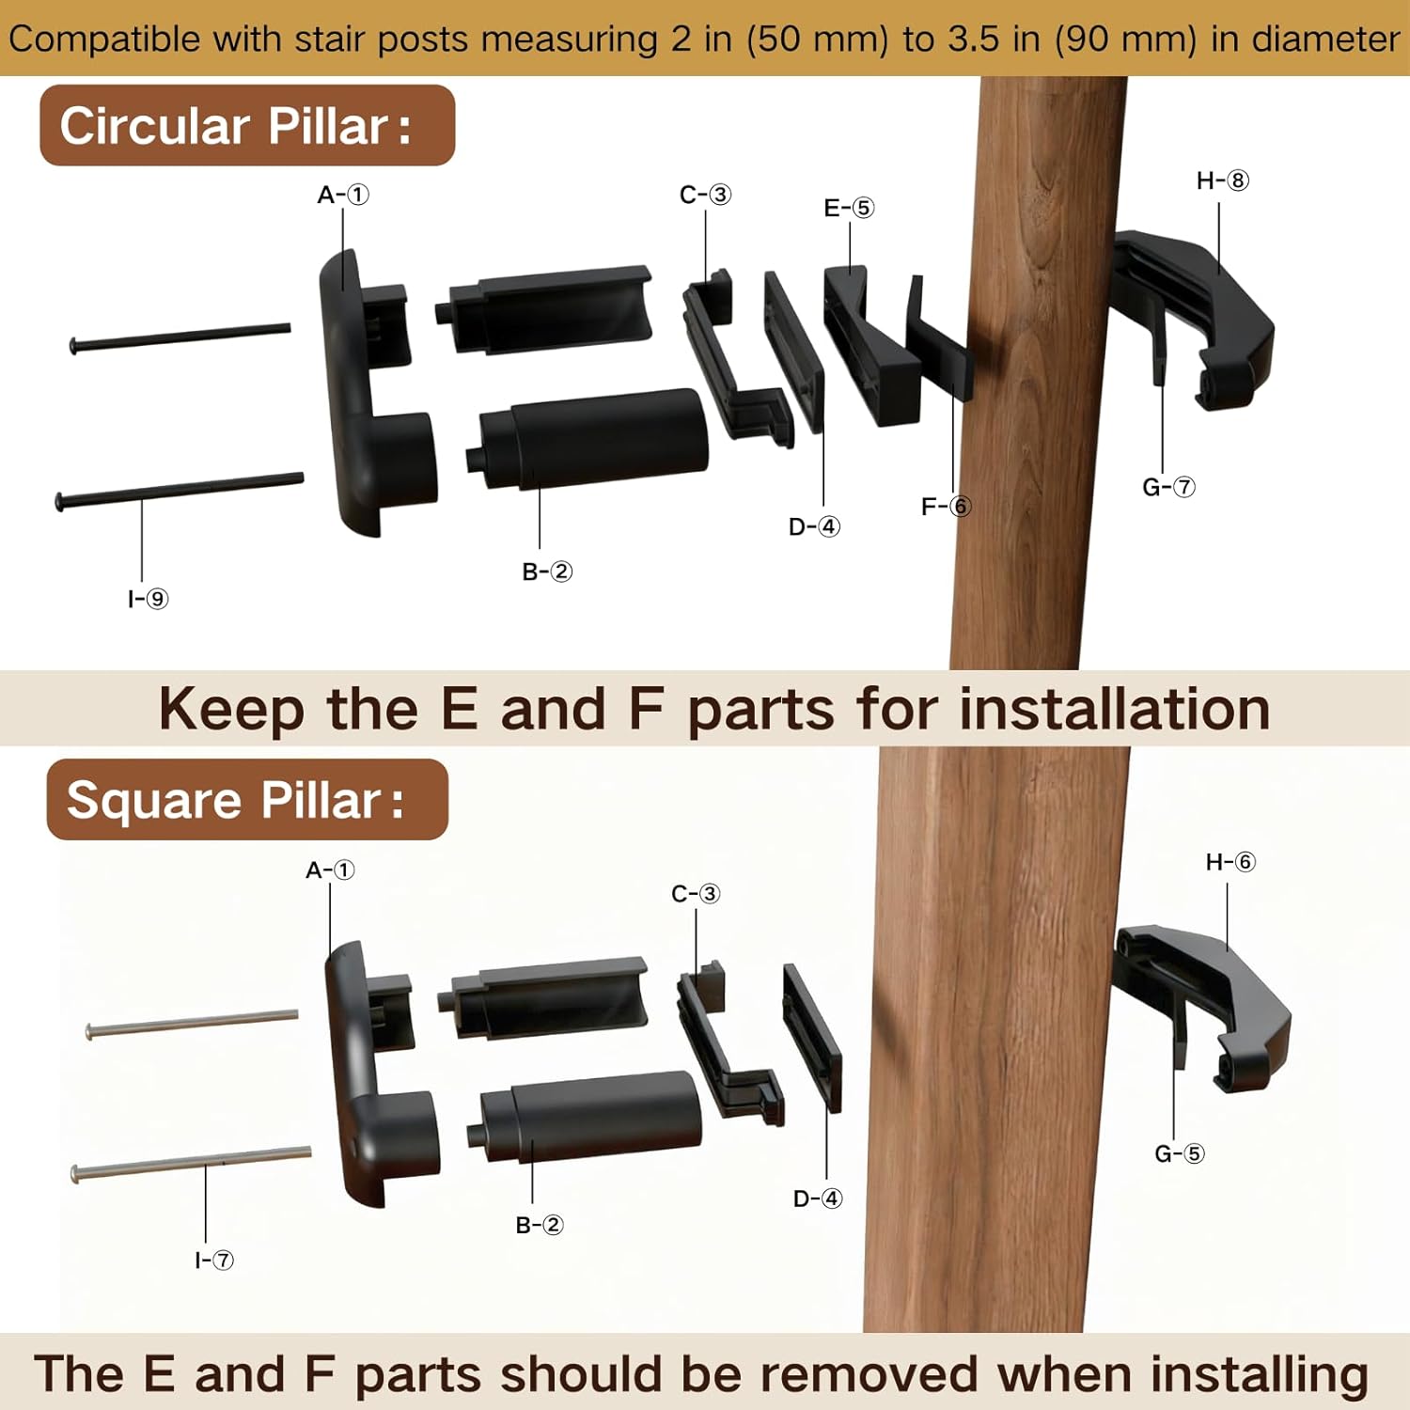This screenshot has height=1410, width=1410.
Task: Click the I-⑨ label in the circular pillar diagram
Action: tap(148, 599)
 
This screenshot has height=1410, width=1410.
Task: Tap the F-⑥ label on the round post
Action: tap(946, 507)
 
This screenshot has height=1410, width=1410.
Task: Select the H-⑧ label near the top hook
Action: tap(1222, 180)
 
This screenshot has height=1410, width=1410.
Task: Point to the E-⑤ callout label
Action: tap(849, 208)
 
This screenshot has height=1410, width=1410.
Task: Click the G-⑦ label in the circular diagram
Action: tap(1168, 487)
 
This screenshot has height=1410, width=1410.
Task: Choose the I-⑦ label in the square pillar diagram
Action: tap(214, 1260)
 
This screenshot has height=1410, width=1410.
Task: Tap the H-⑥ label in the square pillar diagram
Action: tap(1230, 862)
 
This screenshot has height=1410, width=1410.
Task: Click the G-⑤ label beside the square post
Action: tap(1179, 1153)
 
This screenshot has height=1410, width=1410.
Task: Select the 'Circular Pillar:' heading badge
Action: tap(247, 125)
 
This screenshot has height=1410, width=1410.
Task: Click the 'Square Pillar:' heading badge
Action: tap(247, 800)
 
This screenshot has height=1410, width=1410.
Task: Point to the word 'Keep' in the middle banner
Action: tap(231, 710)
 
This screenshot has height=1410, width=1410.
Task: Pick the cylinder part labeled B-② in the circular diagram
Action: tap(587, 439)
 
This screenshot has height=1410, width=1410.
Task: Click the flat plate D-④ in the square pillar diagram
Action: tap(812, 1038)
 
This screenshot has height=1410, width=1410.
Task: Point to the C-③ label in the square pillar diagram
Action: tap(696, 893)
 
